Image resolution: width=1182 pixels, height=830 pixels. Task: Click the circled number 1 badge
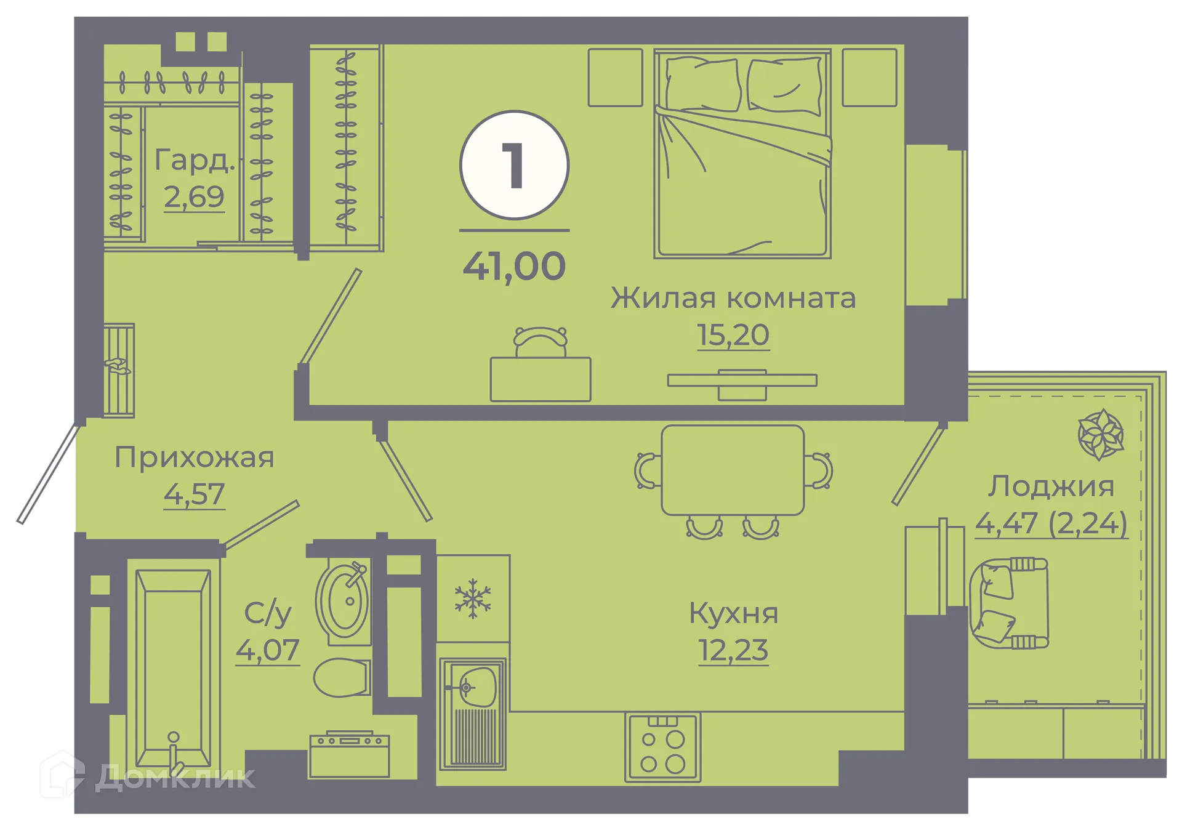tap(514, 165)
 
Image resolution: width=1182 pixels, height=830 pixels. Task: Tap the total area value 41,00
tap(514, 266)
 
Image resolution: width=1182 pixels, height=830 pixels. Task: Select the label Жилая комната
tap(733, 298)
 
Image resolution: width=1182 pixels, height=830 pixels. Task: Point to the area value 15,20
tap(733, 335)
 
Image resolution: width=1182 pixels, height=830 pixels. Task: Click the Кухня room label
tap(733, 613)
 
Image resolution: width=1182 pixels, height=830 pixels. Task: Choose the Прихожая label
tap(194, 457)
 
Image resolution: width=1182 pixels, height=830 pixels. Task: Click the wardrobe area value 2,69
tap(194, 197)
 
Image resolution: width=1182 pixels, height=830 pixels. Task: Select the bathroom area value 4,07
tap(267, 650)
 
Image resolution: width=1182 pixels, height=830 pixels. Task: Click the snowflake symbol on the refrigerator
tap(473, 598)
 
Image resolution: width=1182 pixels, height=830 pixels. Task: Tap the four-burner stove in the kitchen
tap(663, 747)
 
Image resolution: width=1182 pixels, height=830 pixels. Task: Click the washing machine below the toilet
tap(349, 754)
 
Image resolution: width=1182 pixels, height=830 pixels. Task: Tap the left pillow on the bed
tap(702, 85)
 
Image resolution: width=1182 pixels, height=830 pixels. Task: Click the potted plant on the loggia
tap(1101, 435)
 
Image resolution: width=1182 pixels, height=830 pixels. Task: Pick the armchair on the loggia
tap(1008, 603)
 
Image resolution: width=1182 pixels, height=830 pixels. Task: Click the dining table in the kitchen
tap(733, 470)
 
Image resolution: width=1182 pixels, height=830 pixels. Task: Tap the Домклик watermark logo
tap(145, 776)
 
